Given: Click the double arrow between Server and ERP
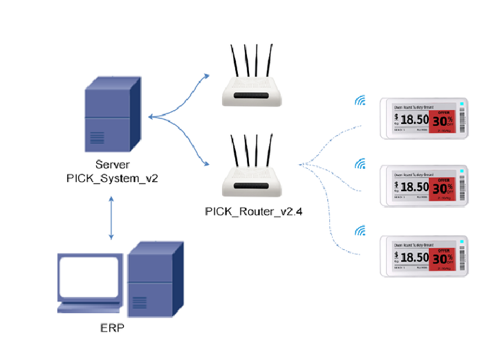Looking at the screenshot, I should [111, 217].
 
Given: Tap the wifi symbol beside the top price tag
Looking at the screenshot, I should [360, 102].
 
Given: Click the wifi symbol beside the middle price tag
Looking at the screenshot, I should [360, 164].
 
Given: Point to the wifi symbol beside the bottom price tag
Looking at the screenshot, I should [360, 231].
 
